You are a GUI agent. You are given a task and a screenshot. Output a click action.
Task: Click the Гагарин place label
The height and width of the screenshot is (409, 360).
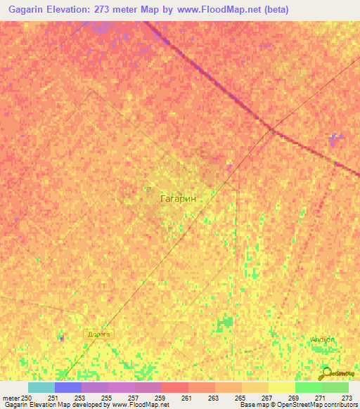(x=182, y=199)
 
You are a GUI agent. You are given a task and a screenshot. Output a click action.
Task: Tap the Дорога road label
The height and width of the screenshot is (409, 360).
(x=98, y=335)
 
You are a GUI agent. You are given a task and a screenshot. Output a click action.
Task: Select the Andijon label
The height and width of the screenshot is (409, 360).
(x=323, y=339)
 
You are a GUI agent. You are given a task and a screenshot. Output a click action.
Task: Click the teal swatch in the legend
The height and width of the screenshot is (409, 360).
(x=41, y=387)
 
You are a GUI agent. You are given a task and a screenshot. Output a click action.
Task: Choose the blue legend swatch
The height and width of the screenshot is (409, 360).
(x=67, y=387)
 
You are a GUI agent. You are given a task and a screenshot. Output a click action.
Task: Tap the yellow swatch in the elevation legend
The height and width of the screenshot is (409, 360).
(x=281, y=387)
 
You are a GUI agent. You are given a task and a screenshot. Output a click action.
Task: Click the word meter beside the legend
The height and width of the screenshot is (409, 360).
(x=11, y=398)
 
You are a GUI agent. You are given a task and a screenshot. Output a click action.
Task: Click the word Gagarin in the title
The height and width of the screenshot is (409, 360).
(x=27, y=11)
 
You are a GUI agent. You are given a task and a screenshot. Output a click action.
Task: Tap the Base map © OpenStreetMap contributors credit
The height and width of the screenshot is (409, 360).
(x=298, y=405)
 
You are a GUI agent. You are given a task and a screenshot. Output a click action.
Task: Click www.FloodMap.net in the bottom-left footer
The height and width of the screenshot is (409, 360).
(x=139, y=405)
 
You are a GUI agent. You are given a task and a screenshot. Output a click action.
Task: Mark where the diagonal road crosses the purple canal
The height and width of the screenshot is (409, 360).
(x=271, y=130)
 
